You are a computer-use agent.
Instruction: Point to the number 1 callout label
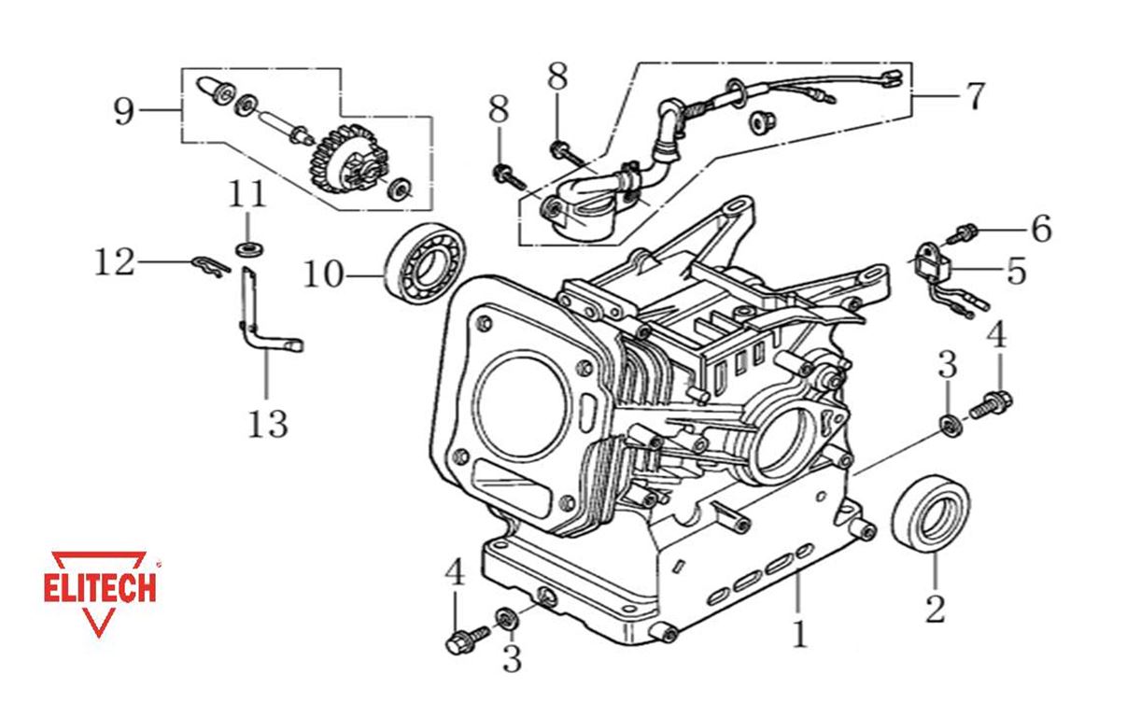tap(798, 634)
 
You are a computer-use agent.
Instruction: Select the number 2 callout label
tap(934, 609)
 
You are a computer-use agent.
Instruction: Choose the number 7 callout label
tap(973, 96)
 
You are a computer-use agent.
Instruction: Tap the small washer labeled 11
tap(248, 247)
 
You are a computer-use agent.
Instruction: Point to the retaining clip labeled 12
tap(211, 267)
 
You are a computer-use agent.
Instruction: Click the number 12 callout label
tap(115, 262)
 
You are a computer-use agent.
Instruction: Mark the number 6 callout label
tap(1040, 228)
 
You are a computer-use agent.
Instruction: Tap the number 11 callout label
tap(247, 197)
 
